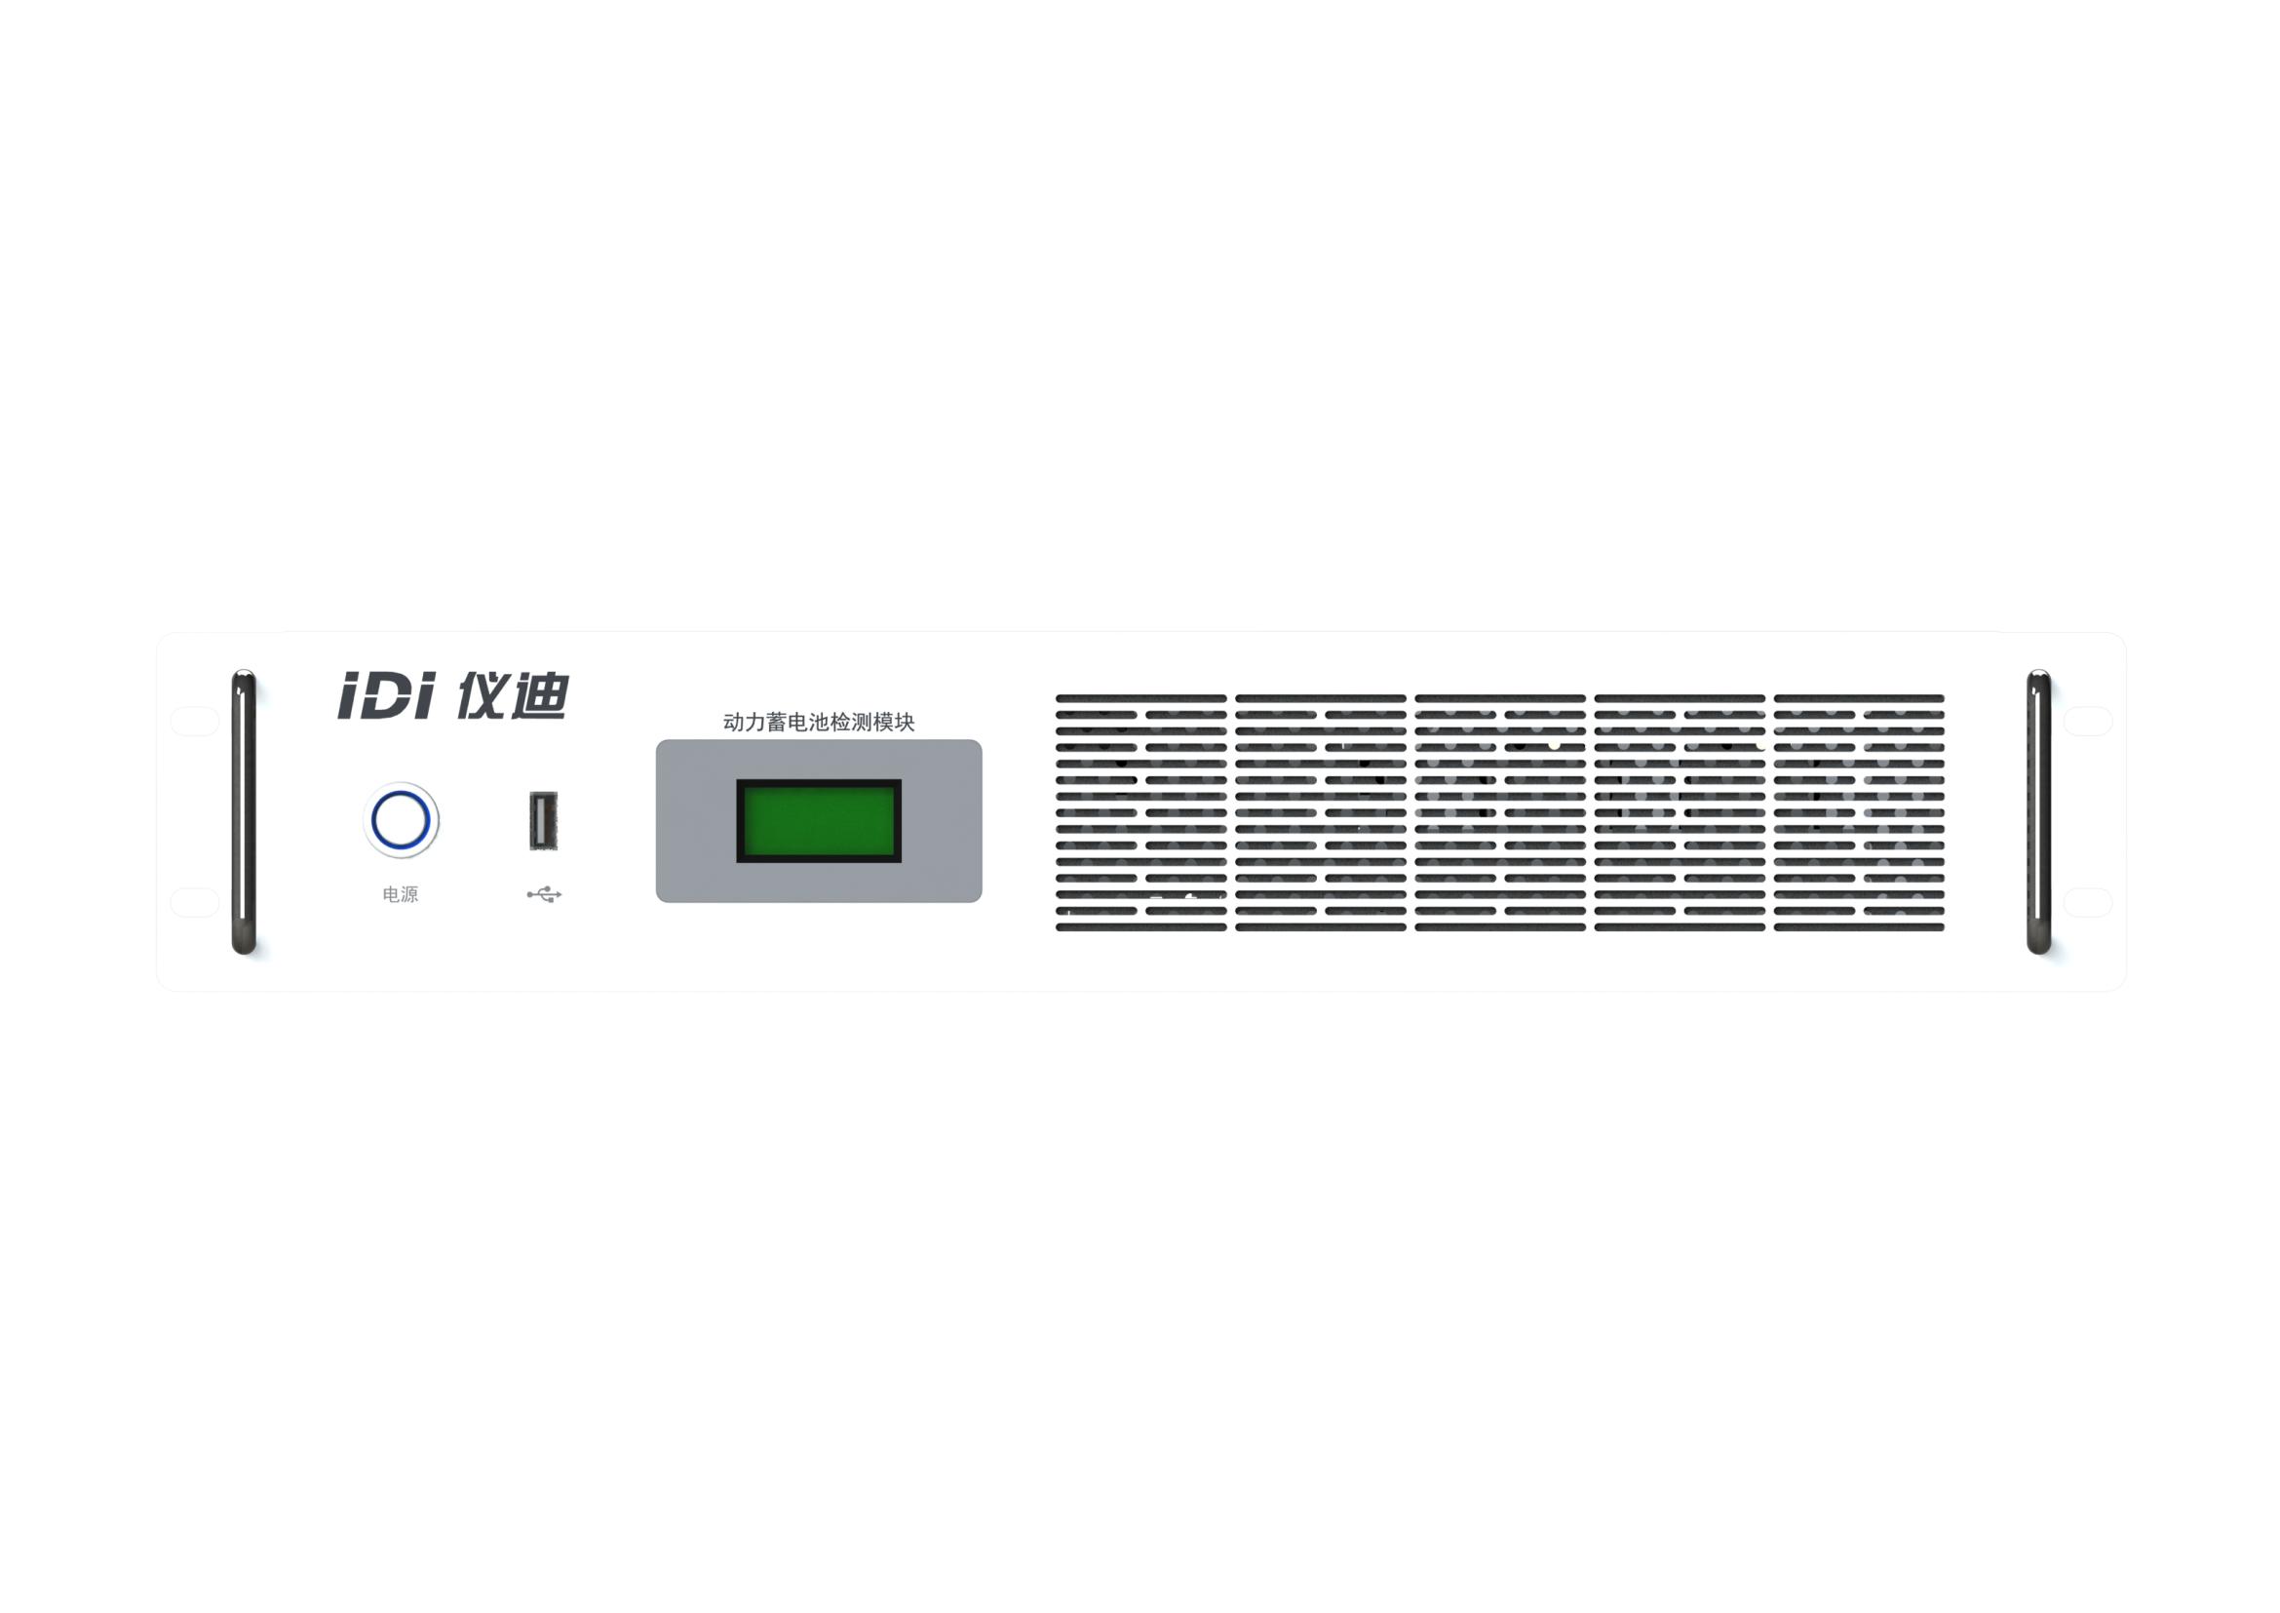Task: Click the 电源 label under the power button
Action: click(401, 895)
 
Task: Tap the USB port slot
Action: click(543, 820)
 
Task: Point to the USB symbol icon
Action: click(544, 895)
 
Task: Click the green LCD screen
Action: click(819, 820)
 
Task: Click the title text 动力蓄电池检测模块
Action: click(818, 722)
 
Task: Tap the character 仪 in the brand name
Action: click(482, 694)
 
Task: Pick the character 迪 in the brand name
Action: click(539, 694)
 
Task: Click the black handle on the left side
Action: click(244, 811)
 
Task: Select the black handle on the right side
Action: click(2038, 811)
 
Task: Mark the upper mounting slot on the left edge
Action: click(195, 721)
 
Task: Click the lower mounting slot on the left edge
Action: click(195, 902)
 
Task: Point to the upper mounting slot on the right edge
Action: click(2088, 721)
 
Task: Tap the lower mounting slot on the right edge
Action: click(2088, 902)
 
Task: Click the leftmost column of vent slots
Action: click(1141, 812)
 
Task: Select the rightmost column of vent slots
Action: click(1859, 812)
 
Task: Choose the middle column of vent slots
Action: click(1499, 812)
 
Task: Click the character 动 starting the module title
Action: click(733, 722)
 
